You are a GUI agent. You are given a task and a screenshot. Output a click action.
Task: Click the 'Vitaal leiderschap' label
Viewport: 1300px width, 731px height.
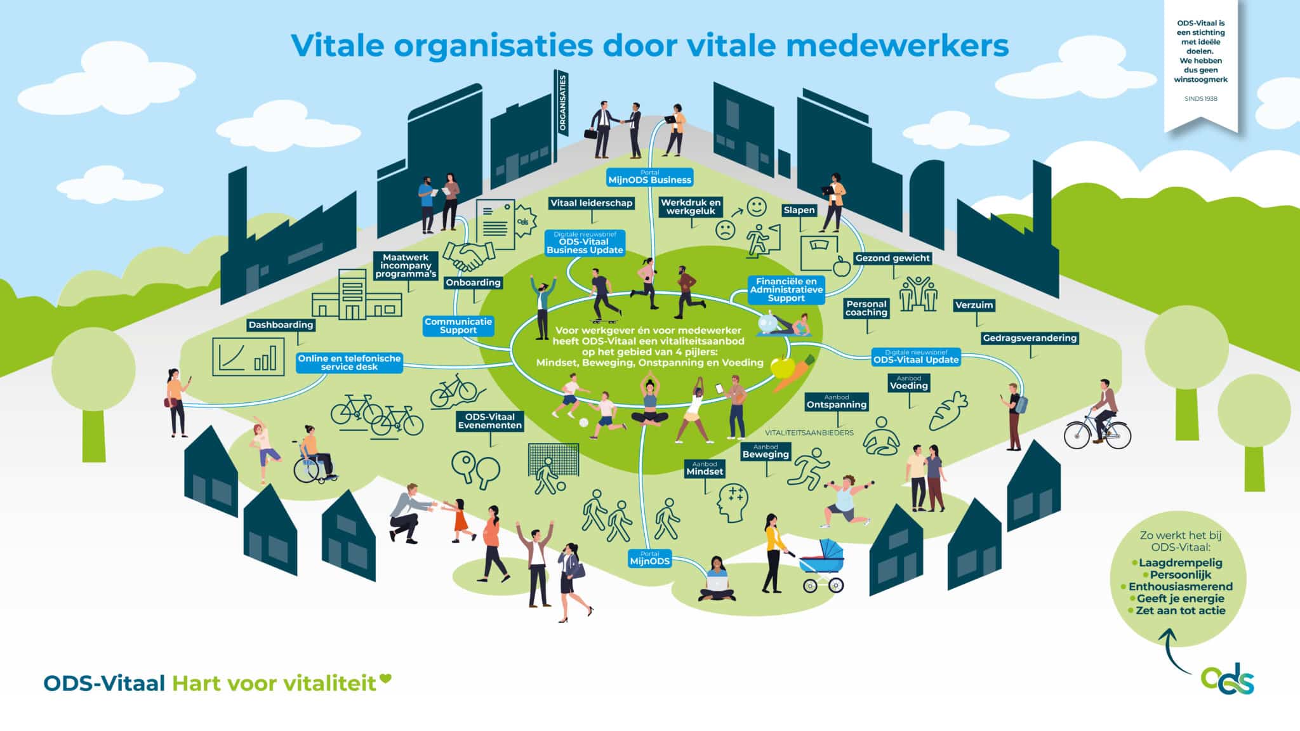tap(591, 203)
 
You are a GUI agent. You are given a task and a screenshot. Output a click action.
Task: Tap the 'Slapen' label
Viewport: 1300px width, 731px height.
tap(799, 210)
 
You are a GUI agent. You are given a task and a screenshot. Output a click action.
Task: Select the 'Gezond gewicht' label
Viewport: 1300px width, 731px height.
tap(892, 258)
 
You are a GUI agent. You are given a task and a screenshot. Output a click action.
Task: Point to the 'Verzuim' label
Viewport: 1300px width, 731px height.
tap(974, 305)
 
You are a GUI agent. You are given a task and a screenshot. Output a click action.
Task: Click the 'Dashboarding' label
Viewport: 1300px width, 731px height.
tap(281, 325)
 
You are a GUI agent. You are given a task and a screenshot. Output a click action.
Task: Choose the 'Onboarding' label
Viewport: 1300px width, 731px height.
tap(473, 282)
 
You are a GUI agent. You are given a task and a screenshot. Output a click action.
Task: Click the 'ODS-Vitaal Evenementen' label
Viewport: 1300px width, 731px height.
tap(490, 421)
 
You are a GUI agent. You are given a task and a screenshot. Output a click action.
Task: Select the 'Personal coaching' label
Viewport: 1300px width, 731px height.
tap(866, 308)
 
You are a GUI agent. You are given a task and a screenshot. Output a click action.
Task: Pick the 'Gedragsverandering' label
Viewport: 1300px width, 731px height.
tap(1030, 338)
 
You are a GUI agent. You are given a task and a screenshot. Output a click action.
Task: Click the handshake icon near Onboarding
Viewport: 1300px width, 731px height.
tap(469, 254)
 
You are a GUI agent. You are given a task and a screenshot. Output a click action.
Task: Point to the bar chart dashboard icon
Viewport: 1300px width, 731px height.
tap(248, 357)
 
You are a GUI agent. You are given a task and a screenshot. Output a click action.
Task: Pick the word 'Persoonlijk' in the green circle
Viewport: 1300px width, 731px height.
tap(1180, 574)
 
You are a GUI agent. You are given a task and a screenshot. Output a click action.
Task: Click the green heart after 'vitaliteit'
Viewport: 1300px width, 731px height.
tap(385, 680)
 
